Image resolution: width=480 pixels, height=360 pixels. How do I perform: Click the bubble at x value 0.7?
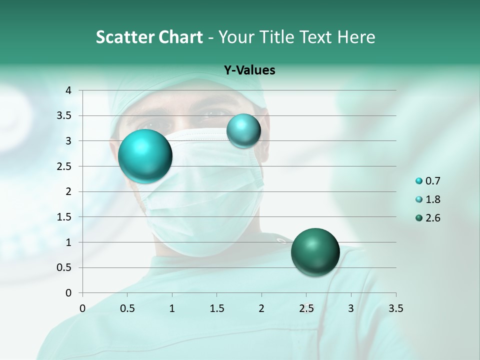pos(145,156)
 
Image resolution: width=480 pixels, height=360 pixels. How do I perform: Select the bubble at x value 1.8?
pos(243,130)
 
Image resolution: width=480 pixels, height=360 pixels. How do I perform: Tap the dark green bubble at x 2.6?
pos(315,252)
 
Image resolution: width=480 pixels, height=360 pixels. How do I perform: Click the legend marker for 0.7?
pos(419,181)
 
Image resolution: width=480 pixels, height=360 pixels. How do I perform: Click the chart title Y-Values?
pos(249,70)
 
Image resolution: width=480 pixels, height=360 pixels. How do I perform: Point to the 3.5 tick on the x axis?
pos(395,308)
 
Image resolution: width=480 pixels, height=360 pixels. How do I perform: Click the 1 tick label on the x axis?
pos(172,308)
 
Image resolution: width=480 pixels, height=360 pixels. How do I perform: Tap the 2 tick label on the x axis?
pos(261,308)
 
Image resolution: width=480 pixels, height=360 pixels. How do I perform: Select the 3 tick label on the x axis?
pos(351,308)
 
